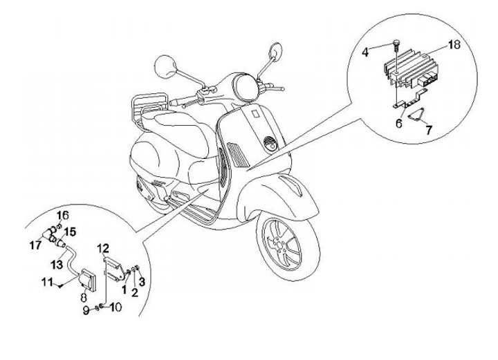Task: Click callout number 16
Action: tap(62, 214)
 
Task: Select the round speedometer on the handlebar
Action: tap(248, 86)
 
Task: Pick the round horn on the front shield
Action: tap(270, 144)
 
